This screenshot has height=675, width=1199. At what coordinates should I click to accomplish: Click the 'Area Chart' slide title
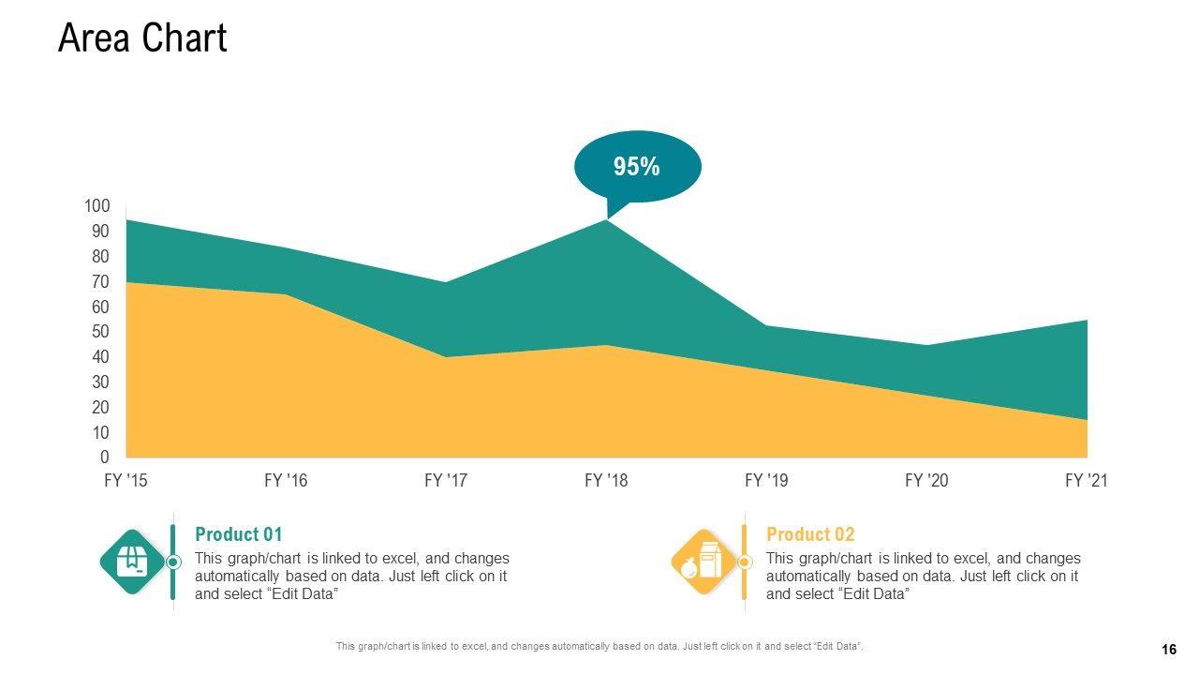coord(142,38)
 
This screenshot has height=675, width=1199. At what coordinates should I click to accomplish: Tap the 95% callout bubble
coord(636,167)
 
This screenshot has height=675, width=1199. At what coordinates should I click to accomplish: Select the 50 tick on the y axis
coord(100,332)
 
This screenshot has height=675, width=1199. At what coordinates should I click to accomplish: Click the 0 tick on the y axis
coord(105,457)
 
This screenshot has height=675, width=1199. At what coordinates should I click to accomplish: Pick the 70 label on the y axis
coord(100,281)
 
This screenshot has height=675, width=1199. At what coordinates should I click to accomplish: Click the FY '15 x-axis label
coord(126,481)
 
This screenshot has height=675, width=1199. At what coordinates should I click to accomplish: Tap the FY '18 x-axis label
coord(606,481)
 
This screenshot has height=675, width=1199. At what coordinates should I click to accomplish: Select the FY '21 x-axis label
coord(1087,481)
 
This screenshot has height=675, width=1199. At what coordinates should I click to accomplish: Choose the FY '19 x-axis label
coord(766,481)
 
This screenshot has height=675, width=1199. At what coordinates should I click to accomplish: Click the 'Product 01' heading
coord(238,534)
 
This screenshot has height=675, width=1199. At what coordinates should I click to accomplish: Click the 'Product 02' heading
coord(810,534)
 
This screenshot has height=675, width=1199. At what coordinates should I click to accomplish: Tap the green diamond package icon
coord(132,562)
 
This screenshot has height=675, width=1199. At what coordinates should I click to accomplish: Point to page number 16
coord(1168,650)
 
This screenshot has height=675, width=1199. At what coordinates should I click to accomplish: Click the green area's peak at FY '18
coord(607,221)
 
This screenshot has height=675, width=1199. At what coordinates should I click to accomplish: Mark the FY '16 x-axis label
coord(286,481)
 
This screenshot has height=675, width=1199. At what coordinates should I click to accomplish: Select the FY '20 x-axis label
coord(926,481)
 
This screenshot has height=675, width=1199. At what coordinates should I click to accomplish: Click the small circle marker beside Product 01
coord(173,562)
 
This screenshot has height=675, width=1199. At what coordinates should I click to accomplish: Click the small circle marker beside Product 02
coord(745,562)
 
